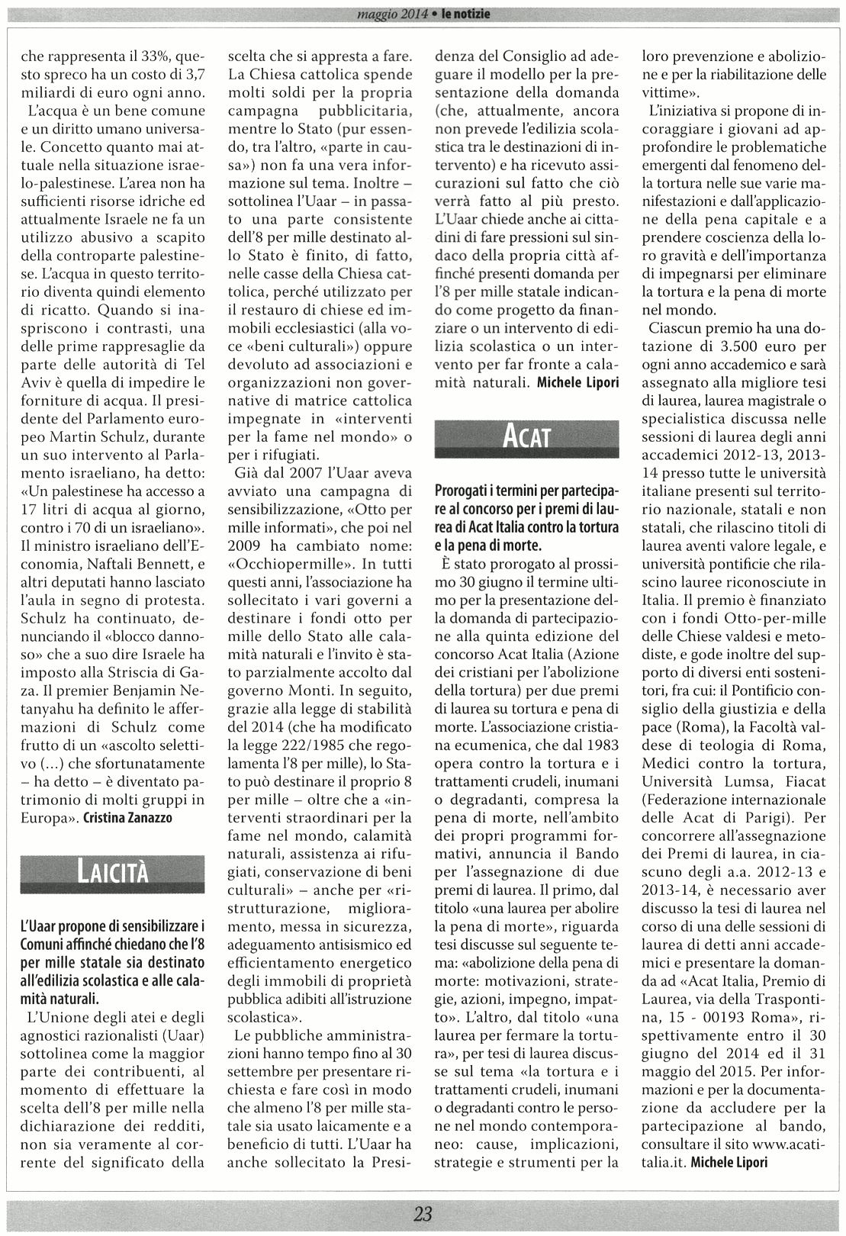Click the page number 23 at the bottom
coord(423,1214)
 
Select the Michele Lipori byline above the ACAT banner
coord(578,382)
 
